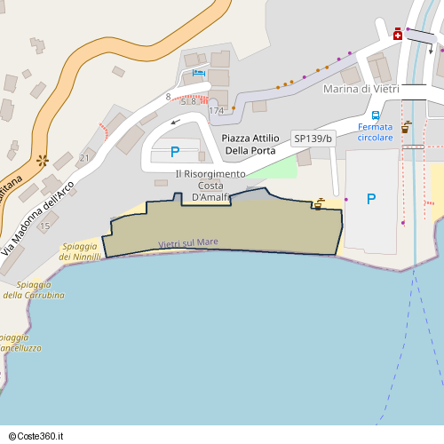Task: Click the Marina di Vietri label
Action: (360, 89)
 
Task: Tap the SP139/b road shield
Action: (313, 139)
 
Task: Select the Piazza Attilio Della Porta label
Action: (249, 144)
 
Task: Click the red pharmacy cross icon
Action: (398, 35)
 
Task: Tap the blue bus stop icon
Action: (376, 115)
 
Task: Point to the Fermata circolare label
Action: (375, 132)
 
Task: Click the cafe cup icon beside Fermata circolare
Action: (407, 126)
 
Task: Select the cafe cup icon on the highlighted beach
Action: (317, 205)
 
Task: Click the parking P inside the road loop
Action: (175, 152)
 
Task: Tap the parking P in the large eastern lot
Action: (371, 199)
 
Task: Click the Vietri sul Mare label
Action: (188, 242)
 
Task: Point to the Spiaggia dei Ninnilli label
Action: (81, 251)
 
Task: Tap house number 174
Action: (217, 111)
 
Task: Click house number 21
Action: (84, 158)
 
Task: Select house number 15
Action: (44, 226)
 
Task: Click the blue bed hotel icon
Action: (199, 72)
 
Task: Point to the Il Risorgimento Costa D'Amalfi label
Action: (210, 185)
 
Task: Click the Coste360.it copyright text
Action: (36, 436)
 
